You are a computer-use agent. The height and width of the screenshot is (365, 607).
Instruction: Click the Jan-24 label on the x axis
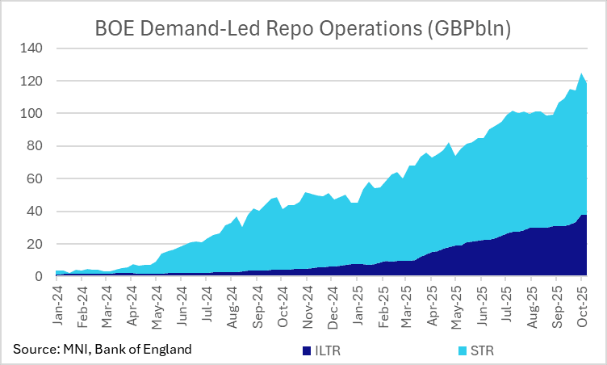pos(58,304)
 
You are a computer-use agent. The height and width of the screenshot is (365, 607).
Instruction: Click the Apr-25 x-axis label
pos(433,304)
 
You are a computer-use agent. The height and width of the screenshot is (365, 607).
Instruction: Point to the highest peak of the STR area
pos(581,73)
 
